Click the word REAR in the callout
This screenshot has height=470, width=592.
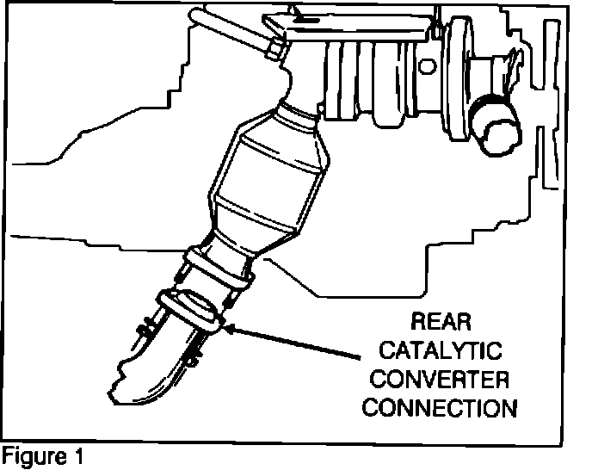(441, 324)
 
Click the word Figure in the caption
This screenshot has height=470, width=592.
(34, 455)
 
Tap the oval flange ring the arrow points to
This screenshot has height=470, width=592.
(191, 309)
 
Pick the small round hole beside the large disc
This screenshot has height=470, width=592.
(428, 65)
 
